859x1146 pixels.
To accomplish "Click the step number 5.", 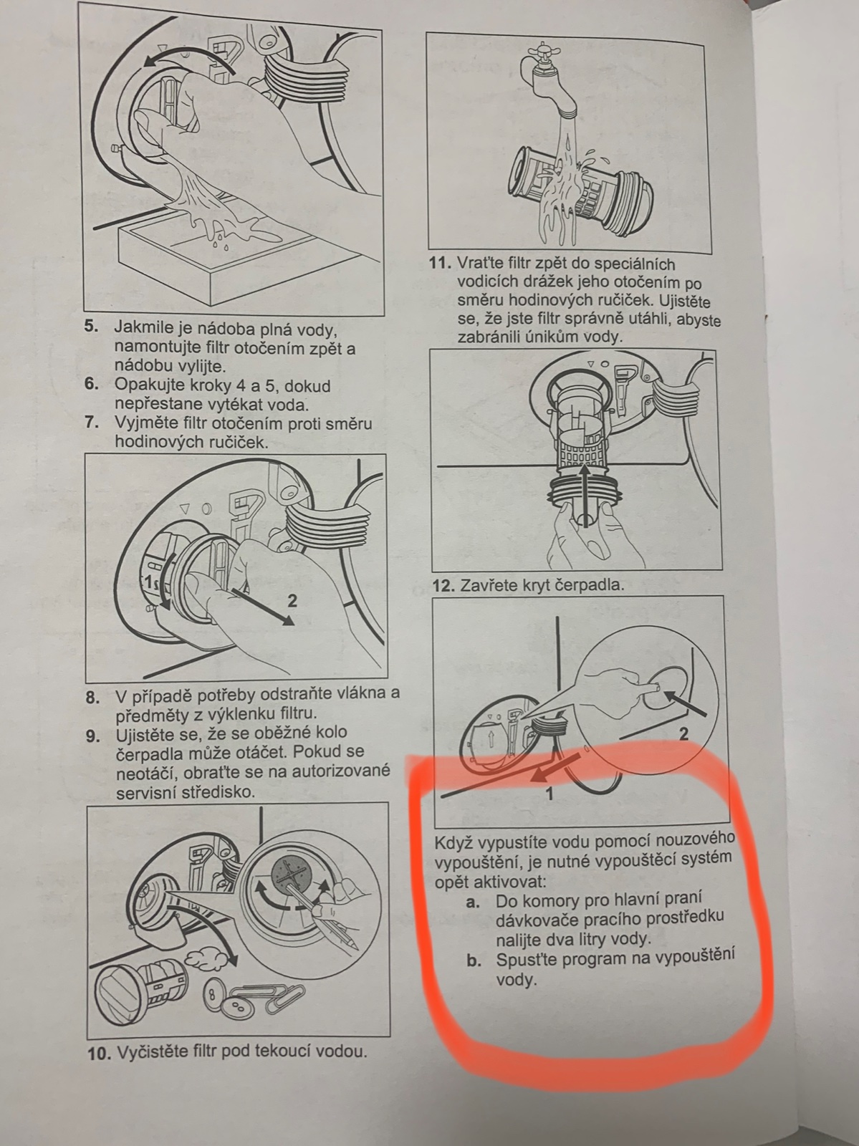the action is pyautogui.click(x=91, y=327).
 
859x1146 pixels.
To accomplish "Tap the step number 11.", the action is pyautogui.click(x=439, y=263).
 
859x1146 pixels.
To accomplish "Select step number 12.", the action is pyautogui.click(x=443, y=586).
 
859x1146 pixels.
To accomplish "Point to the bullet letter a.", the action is pyautogui.click(x=473, y=902).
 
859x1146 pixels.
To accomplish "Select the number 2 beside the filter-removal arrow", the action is pyautogui.click(x=292, y=601).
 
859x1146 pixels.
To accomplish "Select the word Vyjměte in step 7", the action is pyautogui.click(x=142, y=423).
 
